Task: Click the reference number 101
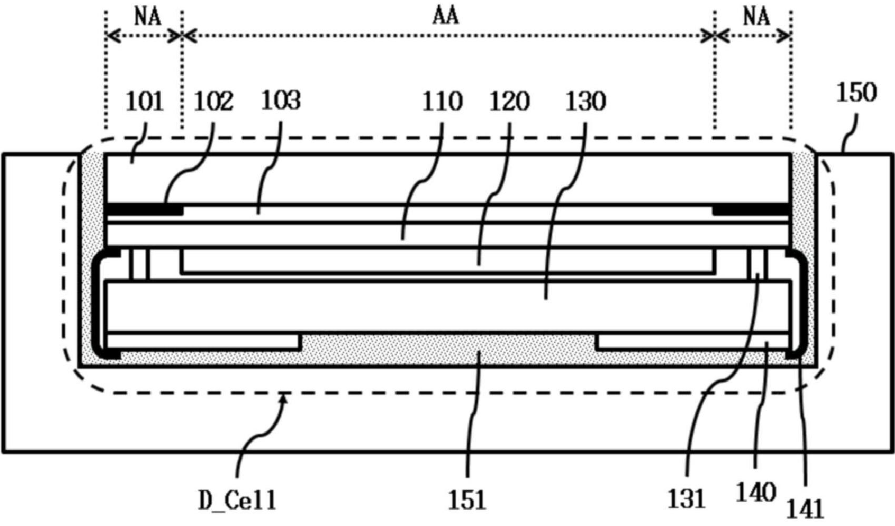[x=145, y=101]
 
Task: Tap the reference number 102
[x=213, y=101]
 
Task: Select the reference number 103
[x=280, y=100]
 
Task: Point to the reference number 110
[x=442, y=102]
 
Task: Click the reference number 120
[x=509, y=102]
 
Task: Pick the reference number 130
[x=585, y=102]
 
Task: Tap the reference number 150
[x=857, y=93]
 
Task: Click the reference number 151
[x=467, y=500]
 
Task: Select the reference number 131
[x=686, y=499]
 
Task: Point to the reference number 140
[x=755, y=492]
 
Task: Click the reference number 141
[x=805, y=509]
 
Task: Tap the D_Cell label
[x=238, y=500]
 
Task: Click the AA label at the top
[x=446, y=17]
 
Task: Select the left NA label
[x=148, y=17]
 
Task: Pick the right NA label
[x=756, y=17]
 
